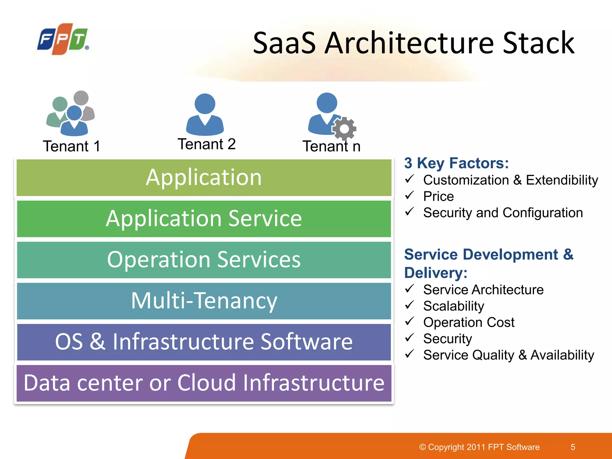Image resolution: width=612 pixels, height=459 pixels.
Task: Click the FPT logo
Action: point(63,39)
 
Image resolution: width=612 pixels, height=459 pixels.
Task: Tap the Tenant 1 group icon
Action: point(71,114)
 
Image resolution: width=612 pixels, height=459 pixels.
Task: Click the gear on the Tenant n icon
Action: point(344,129)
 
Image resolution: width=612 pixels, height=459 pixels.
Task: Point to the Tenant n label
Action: point(331,146)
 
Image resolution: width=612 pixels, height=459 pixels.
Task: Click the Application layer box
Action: point(204,178)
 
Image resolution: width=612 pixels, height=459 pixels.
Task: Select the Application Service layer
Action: point(204,219)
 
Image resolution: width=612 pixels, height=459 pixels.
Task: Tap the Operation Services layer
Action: point(204,260)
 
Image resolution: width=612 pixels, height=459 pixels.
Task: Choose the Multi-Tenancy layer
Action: point(204,301)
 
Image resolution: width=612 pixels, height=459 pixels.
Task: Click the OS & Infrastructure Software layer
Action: point(204,342)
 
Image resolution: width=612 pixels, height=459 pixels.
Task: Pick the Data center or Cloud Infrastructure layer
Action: point(204,383)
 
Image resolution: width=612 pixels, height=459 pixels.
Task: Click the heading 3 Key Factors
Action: point(456,163)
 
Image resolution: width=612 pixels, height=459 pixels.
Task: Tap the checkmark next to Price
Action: point(409,195)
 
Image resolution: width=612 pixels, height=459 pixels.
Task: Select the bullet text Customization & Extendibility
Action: point(510,180)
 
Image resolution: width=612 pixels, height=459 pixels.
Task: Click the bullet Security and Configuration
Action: point(503,213)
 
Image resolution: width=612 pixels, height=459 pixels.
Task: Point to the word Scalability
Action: point(454,306)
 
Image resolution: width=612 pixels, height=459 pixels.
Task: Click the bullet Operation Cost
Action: point(469,322)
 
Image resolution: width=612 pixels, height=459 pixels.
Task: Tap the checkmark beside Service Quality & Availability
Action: point(409,354)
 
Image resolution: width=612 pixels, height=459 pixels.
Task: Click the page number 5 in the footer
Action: point(573,447)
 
